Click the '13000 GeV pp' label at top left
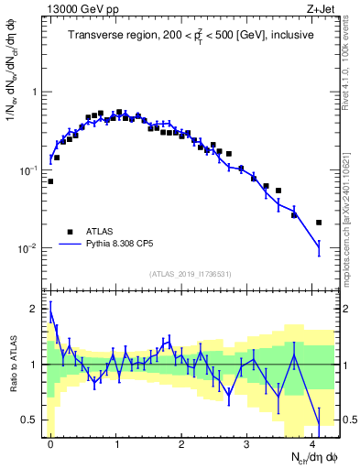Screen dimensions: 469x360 coord(75,8)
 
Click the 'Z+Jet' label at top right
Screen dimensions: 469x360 coord(322,8)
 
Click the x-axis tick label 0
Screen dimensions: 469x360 coord(51,442)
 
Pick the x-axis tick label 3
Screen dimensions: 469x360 coord(248,442)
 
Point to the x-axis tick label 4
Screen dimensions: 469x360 coord(314,442)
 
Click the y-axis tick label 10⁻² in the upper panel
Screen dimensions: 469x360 coord(30,249)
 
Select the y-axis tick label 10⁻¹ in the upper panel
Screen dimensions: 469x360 coord(30,170)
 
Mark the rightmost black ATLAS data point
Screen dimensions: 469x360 coord(319,223)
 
